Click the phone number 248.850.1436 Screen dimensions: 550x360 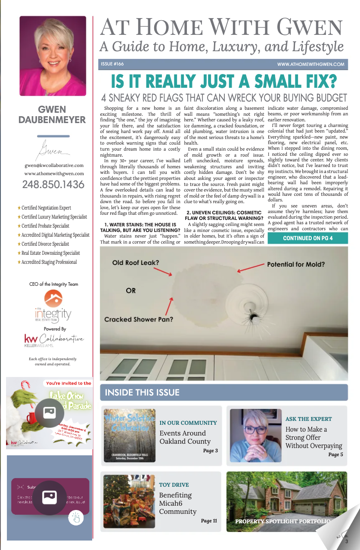pos(53,185)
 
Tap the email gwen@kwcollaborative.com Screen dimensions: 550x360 pos(54,165)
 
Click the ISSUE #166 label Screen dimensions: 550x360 pos(112,64)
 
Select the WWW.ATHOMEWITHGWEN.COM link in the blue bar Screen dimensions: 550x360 pos(310,65)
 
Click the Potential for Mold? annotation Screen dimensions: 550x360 pos(296,264)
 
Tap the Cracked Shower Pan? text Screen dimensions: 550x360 pos(139,319)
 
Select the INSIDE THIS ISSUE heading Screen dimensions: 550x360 pos(142,392)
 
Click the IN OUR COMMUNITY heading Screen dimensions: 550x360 pos(188,423)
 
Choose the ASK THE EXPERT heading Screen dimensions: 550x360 pos(309,419)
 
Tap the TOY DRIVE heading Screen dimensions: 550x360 pos(174,485)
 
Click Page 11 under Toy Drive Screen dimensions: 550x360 pos(209,521)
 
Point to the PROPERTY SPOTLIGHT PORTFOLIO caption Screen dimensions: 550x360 pos(282,522)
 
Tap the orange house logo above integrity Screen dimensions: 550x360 pos(53,299)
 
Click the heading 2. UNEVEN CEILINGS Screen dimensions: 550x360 pos(224,216)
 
